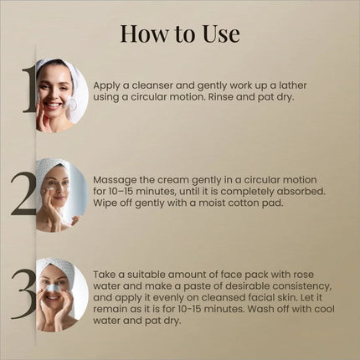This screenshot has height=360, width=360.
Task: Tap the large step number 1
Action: [28, 90]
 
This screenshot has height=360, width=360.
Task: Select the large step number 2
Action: [24, 194]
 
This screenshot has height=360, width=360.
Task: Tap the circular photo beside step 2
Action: [61, 195]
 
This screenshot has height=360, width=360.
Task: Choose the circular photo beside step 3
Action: [61, 294]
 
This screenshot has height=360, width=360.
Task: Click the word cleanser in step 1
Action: [163, 85]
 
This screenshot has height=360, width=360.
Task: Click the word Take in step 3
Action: [107, 274]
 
